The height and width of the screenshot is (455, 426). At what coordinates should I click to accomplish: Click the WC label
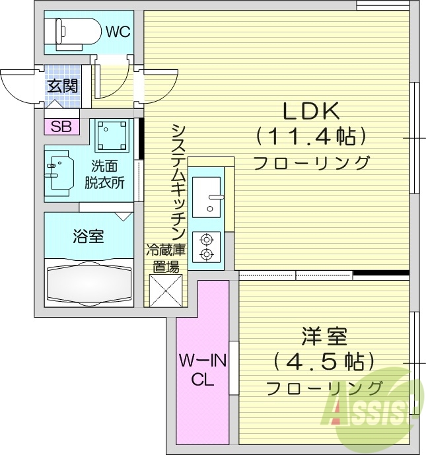point(117,30)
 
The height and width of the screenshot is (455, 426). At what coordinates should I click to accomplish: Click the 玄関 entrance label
point(62,85)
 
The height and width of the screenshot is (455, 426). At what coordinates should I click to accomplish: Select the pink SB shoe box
point(61,126)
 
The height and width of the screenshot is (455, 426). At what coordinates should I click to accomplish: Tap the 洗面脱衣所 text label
point(104,175)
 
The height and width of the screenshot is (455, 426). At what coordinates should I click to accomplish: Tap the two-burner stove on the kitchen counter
point(207,246)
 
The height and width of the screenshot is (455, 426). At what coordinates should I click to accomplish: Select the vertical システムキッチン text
point(176,182)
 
